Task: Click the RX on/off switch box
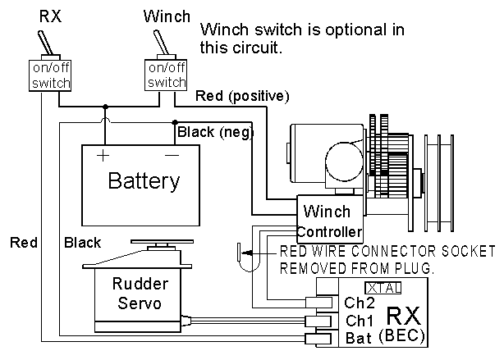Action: point(50,75)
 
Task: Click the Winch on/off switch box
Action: point(166,75)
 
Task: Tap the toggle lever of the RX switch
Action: point(46,43)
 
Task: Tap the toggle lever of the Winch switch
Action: point(161,43)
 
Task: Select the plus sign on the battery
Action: point(103,156)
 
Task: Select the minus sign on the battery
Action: point(172,156)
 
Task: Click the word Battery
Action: point(144,181)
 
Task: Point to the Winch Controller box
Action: point(330,219)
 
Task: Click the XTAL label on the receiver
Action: point(383,288)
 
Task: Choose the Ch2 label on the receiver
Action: point(360,303)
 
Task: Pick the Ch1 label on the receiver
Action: point(360,321)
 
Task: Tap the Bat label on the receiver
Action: point(359,338)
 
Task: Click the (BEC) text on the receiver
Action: point(401,336)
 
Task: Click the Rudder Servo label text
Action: point(140,294)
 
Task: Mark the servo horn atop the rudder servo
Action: point(162,241)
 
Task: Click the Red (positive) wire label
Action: point(242,96)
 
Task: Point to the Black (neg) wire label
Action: point(215,132)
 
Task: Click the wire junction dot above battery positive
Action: point(105,107)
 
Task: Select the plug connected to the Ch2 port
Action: point(318,303)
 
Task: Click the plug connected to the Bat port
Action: point(318,339)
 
